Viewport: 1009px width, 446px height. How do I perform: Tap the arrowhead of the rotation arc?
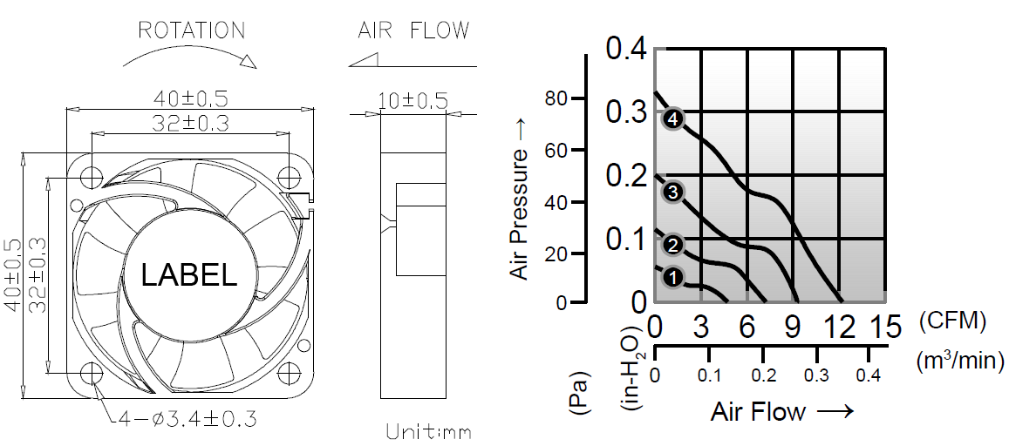click(248, 61)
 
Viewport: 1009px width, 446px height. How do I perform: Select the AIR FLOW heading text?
click(413, 30)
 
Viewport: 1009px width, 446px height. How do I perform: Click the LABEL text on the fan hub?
click(189, 275)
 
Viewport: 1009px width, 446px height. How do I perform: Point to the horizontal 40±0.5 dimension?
click(190, 99)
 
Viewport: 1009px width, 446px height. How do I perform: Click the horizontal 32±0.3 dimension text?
click(190, 123)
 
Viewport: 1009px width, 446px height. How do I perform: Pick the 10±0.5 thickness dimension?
click(413, 101)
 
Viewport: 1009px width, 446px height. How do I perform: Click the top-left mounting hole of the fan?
click(92, 177)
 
